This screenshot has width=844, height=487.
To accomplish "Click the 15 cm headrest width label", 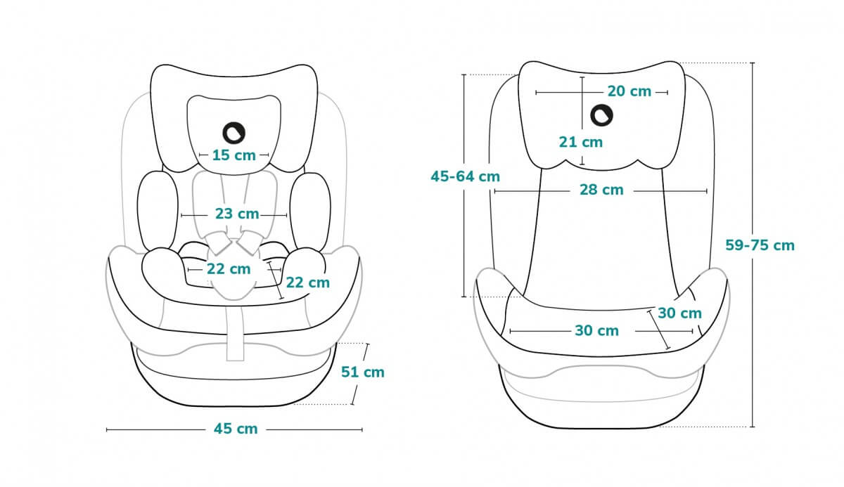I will pyautogui.click(x=234, y=155).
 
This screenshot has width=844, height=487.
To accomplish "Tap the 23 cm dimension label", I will pyautogui.click(x=237, y=214).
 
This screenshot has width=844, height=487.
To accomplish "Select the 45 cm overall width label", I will pyautogui.click(x=236, y=429).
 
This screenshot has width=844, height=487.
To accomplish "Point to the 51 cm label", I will pyautogui.click(x=363, y=372).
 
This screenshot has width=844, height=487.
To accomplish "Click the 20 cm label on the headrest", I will pyautogui.click(x=629, y=91).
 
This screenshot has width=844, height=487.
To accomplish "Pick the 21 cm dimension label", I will pyautogui.click(x=581, y=142).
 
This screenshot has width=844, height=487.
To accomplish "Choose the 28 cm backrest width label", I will pyautogui.click(x=601, y=190).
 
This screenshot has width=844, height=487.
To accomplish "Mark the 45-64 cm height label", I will pyautogui.click(x=465, y=176).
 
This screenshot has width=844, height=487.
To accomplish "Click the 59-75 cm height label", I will pyautogui.click(x=760, y=245).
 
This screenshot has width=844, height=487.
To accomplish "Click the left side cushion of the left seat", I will pyautogui.click(x=156, y=211).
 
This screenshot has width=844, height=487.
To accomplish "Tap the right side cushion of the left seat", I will pyautogui.click(x=309, y=211).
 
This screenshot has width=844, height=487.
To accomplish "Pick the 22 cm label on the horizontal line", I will pyautogui.click(x=229, y=268).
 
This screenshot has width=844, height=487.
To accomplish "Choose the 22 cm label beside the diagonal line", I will pyautogui.click(x=308, y=283).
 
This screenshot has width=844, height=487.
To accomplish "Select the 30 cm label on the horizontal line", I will pyautogui.click(x=596, y=330).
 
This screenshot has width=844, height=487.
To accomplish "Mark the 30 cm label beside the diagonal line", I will pyautogui.click(x=679, y=313).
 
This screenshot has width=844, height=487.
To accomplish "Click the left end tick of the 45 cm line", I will pyautogui.click(x=107, y=429).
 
